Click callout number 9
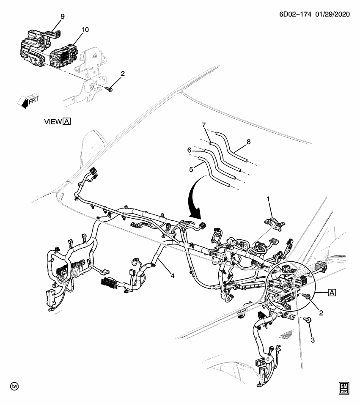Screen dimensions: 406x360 (x=62, y=16)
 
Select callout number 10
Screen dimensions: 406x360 (x=85, y=30)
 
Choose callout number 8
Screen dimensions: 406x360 (x=248, y=142)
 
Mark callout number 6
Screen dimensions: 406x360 (x=190, y=150)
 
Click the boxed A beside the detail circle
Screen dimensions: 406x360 (x=331, y=292)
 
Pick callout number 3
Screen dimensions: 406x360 (x=313, y=340)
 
